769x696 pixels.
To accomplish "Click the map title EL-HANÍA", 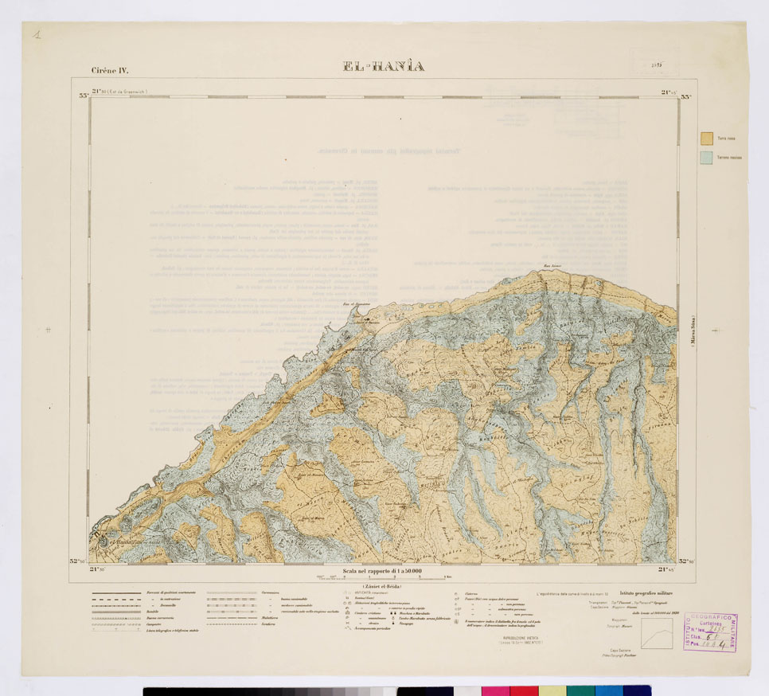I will click(x=384, y=66).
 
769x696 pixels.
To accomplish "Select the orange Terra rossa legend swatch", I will click(x=705, y=138).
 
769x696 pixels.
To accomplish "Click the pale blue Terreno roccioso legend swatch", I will click(x=705, y=158).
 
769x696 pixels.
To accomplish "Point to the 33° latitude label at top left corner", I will click(x=83, y=96).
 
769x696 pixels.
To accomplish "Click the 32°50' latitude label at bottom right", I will click(x=685, y=561).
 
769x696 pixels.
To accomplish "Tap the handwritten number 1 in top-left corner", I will click(x=37, y=34).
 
